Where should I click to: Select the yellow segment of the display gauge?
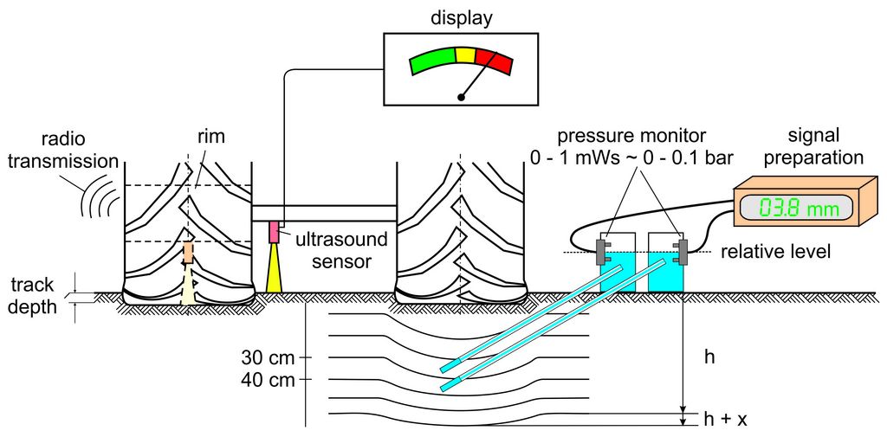(x=465, y=55)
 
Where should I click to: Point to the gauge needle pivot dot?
(x=462, y=97)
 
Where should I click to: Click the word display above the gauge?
(x=461, y=17)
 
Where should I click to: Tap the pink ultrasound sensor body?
(x=275, y=232)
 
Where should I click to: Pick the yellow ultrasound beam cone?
(x=275, y=267)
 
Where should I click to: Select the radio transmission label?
(x=83, y=149)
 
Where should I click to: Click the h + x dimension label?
(x=726, y=419)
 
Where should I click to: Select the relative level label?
(x=776, y=252)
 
